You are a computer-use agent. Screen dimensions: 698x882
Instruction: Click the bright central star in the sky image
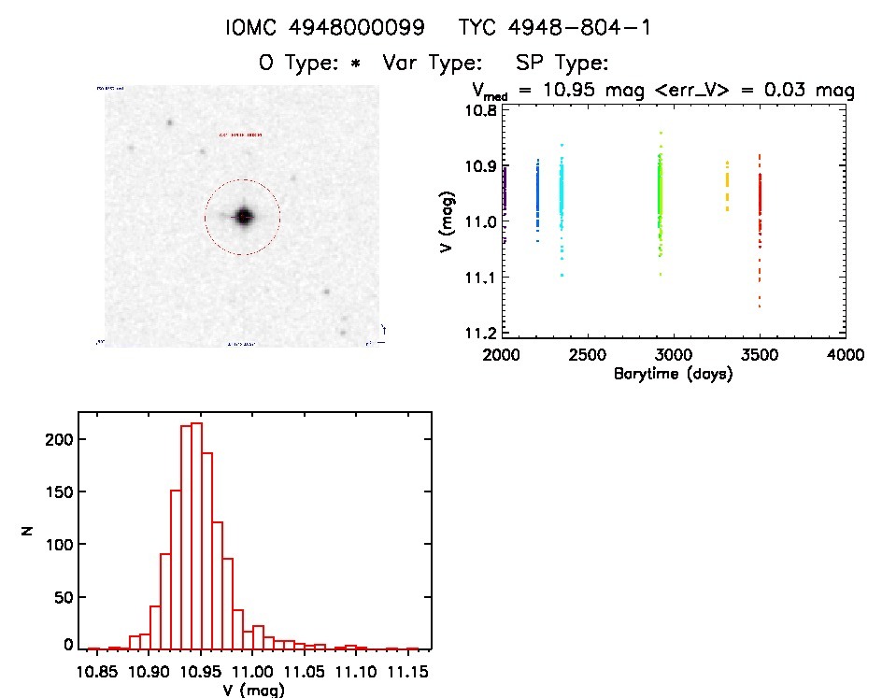point(244,217)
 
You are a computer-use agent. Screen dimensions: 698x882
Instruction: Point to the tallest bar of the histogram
point(196,535)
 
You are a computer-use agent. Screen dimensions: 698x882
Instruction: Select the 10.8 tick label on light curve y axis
point(483,109)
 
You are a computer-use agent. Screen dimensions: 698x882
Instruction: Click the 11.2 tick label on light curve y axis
point(483,333)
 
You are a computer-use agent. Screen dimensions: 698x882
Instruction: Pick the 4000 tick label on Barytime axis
point(845,356)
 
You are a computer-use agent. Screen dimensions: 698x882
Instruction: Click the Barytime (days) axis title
point(673,374)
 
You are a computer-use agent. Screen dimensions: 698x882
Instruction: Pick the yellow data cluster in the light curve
point(727,186)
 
